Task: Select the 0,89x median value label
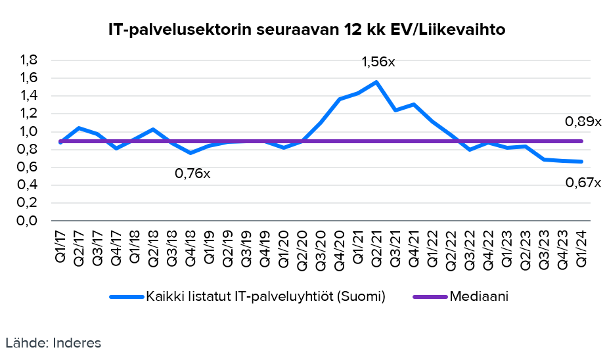[x=583, y=122]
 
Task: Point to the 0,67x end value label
[x=583, y=183]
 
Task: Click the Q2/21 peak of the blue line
[x=376, y=82]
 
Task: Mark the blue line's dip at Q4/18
[x=191, y=153]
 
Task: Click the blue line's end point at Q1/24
[x=581, y=162]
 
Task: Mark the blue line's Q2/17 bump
[x=79, y=127]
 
